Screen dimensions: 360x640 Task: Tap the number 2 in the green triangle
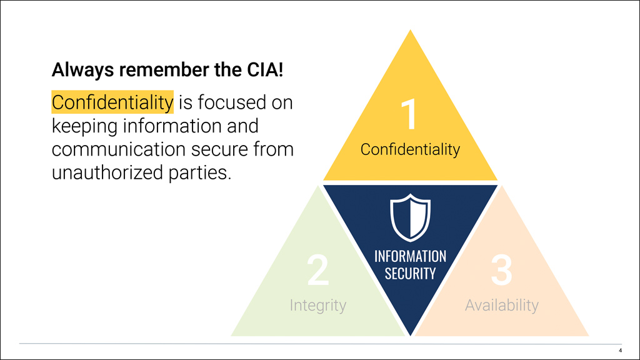coord(317,270)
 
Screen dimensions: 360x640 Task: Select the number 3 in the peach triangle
coord(501,270)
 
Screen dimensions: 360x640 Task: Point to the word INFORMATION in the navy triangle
coord(410,256)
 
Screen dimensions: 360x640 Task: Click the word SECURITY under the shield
coord(410,274)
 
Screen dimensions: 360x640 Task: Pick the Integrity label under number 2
coord(317,306)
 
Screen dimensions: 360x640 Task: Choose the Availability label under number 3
coord(501,306)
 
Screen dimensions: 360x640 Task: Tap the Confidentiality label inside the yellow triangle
coord(410,150)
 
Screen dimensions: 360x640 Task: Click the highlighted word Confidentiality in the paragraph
coord(112,102)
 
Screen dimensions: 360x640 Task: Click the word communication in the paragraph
coord(114,149)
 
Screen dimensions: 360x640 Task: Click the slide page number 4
coord(619,350)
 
